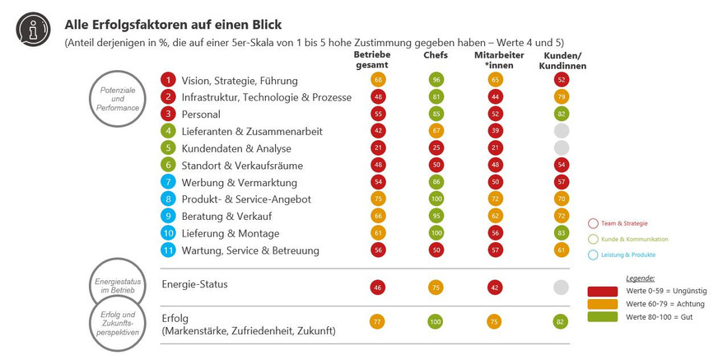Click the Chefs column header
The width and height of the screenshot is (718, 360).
(436, 55)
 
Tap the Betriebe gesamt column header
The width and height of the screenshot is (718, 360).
(378, 60)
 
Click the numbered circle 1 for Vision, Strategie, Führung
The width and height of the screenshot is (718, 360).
(168, 81)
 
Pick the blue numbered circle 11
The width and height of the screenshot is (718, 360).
(168, 250)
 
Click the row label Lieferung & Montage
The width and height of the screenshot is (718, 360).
(225, 233)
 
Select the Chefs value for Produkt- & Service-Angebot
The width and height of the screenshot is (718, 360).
(436, 199)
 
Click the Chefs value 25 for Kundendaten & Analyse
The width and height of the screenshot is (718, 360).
(436, 148)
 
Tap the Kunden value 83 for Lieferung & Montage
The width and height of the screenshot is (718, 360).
(562, 233)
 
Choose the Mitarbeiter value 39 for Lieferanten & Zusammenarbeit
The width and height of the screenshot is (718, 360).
(495, 131)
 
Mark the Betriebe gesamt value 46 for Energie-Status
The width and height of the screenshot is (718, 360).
(378, 288)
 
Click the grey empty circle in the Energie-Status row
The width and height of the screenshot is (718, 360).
(562, 288)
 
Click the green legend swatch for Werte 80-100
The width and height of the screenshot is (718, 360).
(604, 316)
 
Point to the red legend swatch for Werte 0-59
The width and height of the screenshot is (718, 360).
(604, 291)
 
